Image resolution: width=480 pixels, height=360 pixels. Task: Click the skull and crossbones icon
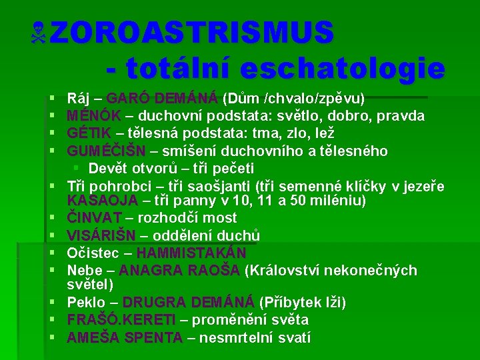pos(38,33)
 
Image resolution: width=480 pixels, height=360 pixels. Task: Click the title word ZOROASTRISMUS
pos(191,32)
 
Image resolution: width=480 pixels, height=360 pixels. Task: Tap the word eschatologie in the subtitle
pos(343,68)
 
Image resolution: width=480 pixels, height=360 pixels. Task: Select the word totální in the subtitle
pos(177,67)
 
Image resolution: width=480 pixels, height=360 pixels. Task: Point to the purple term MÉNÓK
pos(94,116)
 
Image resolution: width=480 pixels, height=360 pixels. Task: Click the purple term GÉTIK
pos(89,133)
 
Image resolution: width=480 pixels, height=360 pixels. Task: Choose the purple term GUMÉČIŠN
pos(106,151)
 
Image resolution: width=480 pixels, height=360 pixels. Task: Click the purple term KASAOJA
pos(102,201)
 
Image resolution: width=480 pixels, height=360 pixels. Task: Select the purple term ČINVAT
pos(94,217)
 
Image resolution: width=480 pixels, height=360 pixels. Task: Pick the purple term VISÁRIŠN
pos(101,235)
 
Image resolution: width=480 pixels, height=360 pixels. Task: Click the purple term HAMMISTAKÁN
pos(191,253)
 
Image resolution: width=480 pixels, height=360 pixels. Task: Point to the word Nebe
pos(85,270)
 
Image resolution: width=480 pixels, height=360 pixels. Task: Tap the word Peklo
pos(86,302)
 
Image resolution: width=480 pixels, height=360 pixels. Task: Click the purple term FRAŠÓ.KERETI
pos(121,319)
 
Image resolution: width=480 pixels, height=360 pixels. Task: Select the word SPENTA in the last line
pos(153,337)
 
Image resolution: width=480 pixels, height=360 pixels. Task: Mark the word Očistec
pos(93,253)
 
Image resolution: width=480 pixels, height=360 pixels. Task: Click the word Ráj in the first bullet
pos(78,99)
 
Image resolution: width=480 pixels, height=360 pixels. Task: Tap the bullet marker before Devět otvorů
pos(76,167)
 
